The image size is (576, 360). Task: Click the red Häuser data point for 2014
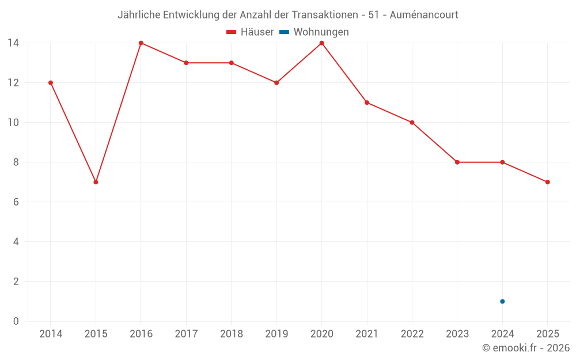click(51, 83)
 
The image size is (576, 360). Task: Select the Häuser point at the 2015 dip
click(96, 182)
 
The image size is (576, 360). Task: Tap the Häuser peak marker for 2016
click(141, 43)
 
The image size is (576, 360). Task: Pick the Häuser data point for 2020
click(321, 43)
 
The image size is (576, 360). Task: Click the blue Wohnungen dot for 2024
click(502, 301)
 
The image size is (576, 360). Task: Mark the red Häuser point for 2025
click(547, 182)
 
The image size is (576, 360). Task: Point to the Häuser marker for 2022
click(412, 123)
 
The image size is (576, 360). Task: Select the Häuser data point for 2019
click(276, 83)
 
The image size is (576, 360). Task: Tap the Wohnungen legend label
click(321, 32)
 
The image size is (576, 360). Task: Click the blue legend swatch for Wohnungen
click(284, 32)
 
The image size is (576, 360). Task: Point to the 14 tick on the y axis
click(13, 43)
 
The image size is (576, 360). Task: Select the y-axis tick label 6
click(16, 202)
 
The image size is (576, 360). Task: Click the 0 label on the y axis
click(16, 321)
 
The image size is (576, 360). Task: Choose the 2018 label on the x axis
click(231, 334)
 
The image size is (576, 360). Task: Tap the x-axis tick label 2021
click(366, 334)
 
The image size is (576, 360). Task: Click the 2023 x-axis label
click(457, 334)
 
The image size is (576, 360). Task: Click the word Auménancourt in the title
click(424, 15)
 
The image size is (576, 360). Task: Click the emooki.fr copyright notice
click(525, 348)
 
